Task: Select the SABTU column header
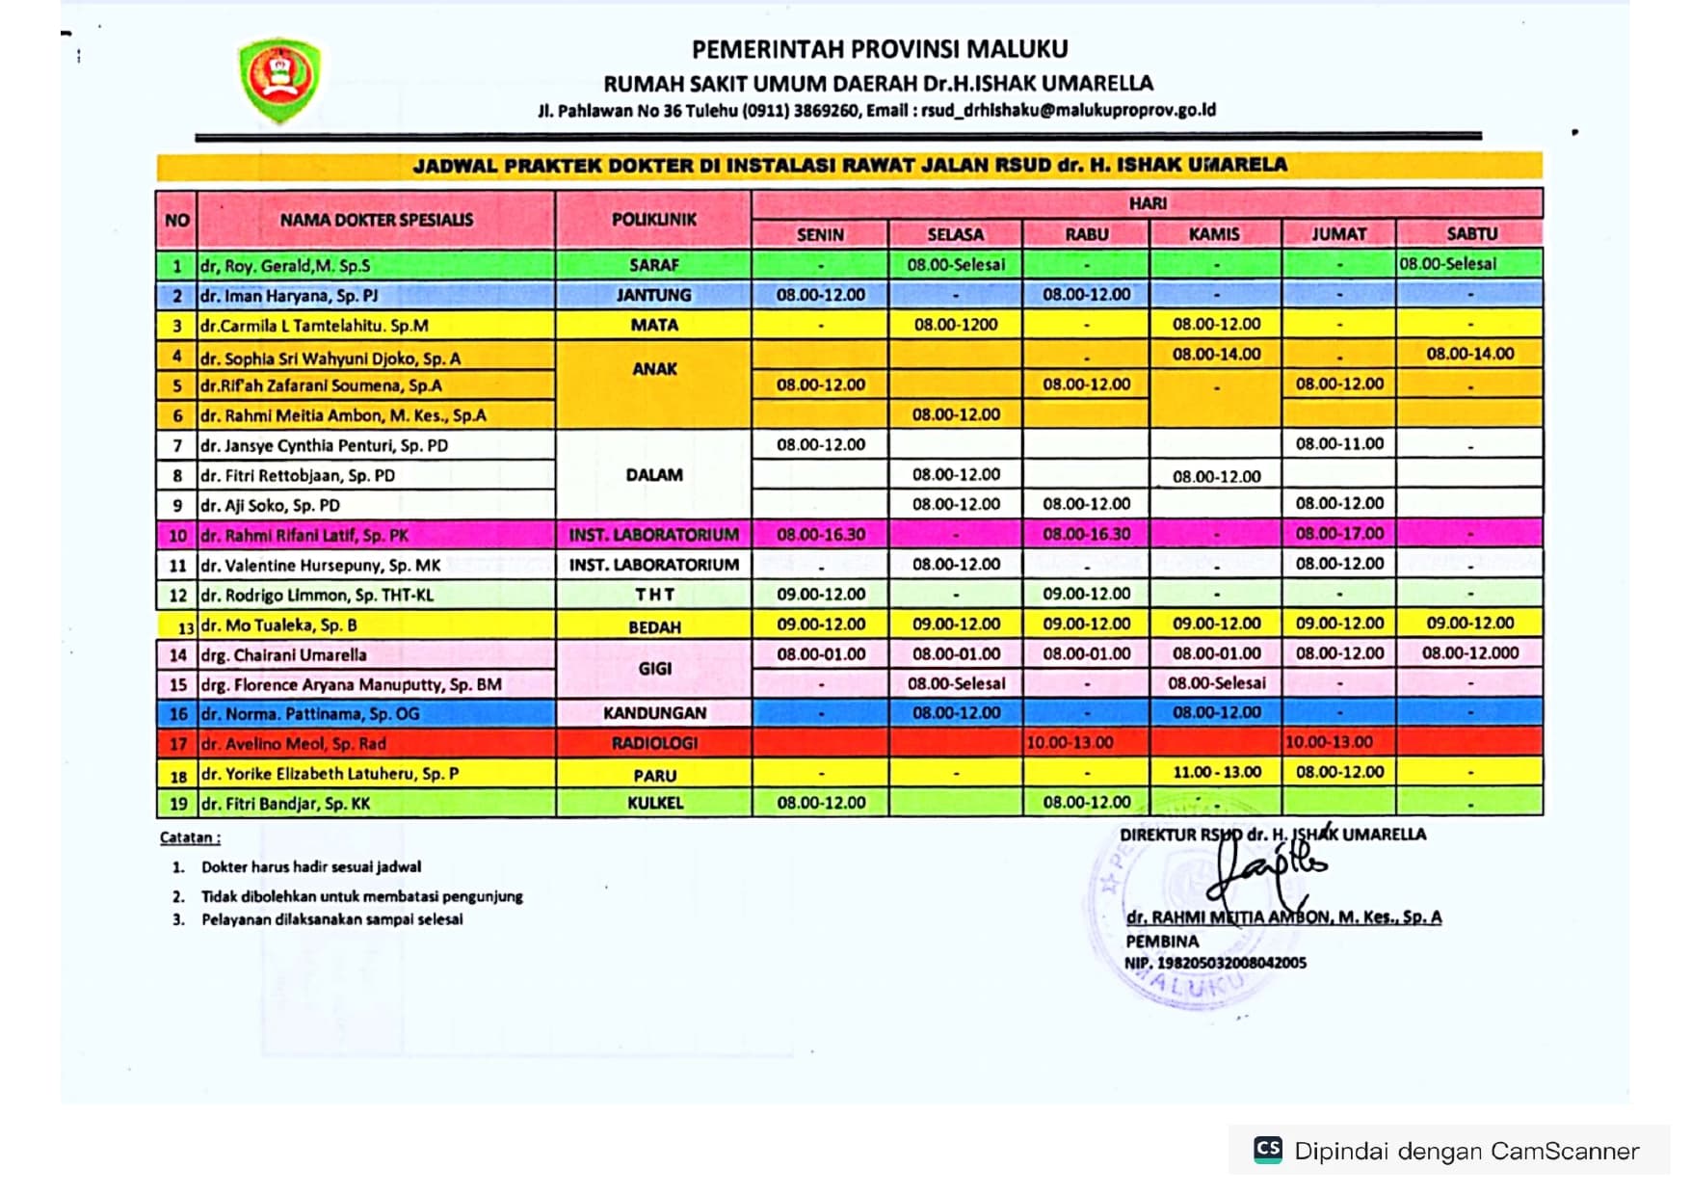(x=1470, y=233)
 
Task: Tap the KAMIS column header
(x=1214, y=233)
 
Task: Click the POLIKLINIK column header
(x=653, y=220)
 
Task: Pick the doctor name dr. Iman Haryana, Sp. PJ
(x=289, y=296)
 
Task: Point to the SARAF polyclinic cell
(x=653, y=265)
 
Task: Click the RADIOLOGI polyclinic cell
(x=653, y=743)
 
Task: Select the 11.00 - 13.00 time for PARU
(x=1216, y=772)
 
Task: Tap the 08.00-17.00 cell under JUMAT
(x=1339, y=533)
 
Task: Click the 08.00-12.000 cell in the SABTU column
(x=1470, y=652)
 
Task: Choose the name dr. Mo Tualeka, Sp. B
(x=278, y=624)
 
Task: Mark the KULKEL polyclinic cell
(x=654, y=803)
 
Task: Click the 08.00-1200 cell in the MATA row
(x=955, y=325)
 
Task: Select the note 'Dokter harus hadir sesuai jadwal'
(x=310, y=867)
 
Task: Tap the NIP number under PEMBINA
(x=1215, y=963)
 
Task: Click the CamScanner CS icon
(x=1268, y=1150)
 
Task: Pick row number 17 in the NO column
(x=177, y=744)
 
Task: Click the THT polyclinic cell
(x=654, y=595)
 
